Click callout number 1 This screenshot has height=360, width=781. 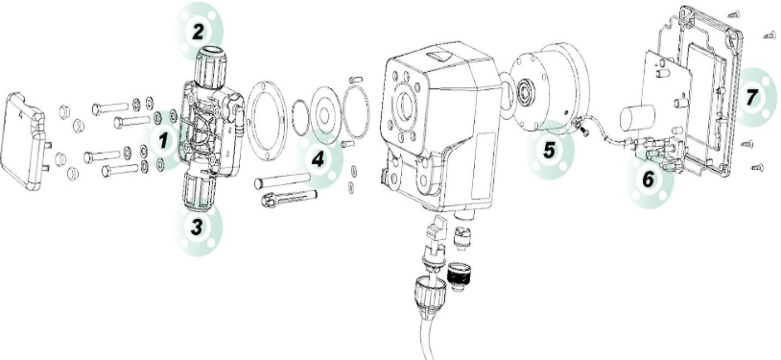tap(163, 141)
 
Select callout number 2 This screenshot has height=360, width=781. tap(198, 33)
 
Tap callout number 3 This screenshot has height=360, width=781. tap(198, 228)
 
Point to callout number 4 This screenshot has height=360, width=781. tap(318, 159)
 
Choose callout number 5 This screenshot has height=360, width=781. tap(549, 150)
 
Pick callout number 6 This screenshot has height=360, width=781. tap(648, 180)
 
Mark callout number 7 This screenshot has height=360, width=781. tap(752, 97)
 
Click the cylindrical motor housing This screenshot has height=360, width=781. tap(552, 89)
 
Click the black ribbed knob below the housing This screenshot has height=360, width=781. tap(457, 276)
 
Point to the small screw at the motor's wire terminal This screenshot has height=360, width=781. tap(582, 131)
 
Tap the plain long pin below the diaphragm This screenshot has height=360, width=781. tap(282, 180)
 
